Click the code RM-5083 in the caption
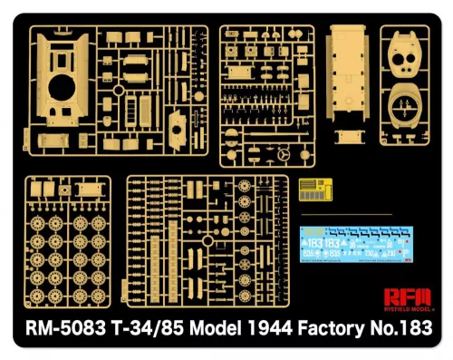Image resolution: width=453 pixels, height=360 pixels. pos(63,327)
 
